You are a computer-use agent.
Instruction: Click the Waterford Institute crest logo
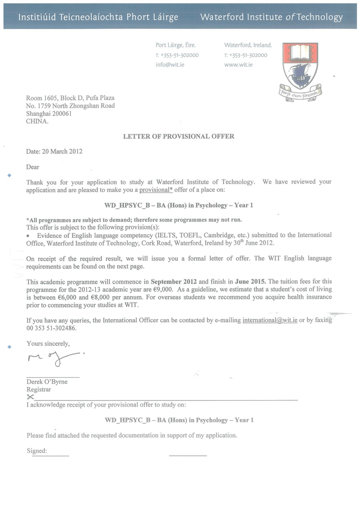[300, 70]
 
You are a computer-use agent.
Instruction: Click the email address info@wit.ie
[170, 65]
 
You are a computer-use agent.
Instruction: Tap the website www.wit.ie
[238, 65]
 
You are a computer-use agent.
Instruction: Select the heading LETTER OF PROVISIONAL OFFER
[179, 136]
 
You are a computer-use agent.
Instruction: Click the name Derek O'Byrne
[47, 381]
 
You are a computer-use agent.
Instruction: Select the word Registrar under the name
[39, 390]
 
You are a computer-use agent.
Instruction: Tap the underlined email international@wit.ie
[270, 320]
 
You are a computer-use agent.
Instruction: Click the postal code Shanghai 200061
[49, 113]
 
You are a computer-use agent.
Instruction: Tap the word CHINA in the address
[37, 121]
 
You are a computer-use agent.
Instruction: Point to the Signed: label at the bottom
[37, 451]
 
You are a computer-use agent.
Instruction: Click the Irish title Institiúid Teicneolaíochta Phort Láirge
[98, 18]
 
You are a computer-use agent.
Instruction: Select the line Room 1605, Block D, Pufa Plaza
[70, 98]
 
